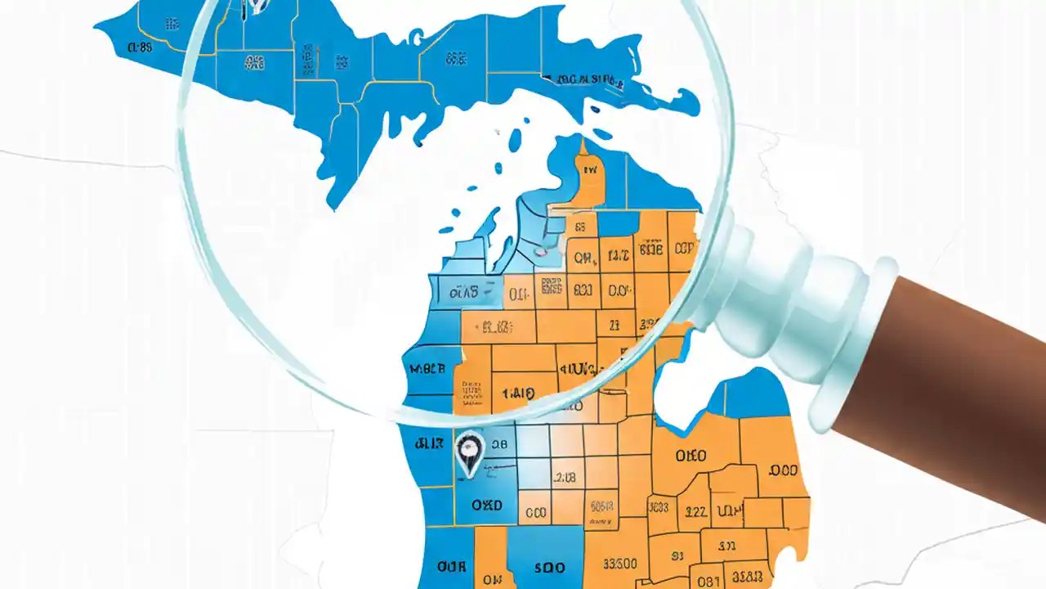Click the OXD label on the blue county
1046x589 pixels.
[x=486, y=505]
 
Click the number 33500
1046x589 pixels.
[x=620, y=564]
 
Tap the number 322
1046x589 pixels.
[x=695, y=512]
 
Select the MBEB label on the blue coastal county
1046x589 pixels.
[x=427, y=369]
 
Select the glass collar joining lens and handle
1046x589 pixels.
[x=784, y=311]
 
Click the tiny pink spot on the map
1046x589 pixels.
[x=539, y=252]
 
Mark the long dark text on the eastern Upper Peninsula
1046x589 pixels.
[x=588, y=80]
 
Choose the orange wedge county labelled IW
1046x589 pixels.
[x=590, y=172]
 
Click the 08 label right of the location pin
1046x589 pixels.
[x=498, y=444]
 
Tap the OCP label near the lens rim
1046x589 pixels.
[x=685, y=248]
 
